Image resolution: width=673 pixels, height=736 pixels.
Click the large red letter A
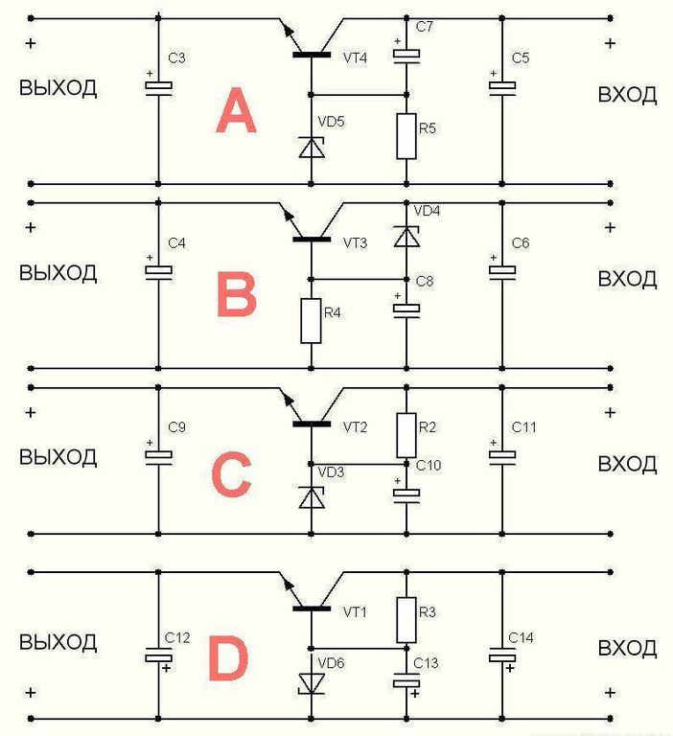[x=236, y=112]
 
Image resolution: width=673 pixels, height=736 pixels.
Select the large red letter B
[x=236, y=295]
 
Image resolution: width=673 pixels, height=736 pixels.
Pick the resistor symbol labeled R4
[x=311, y=320]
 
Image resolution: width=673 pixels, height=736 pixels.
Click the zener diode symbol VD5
[x=311, y=147]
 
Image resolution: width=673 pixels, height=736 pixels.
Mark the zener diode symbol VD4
[x=406, y=235]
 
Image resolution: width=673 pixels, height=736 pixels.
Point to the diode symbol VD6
[x=311, y=681]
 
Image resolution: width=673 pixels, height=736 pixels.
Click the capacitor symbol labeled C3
[x=158, y=87]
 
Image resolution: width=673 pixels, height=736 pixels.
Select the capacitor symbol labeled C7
[x=406, y=56]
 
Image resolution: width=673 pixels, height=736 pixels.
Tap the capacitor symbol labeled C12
[x=158, y=657]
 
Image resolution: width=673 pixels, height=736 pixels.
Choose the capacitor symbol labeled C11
[x=501, y=454]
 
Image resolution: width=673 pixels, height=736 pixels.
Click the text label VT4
[x=355, y=57]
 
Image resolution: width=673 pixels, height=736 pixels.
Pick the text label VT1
[x=355, y=610]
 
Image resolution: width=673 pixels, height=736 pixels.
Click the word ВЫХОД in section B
[x=58, y=272]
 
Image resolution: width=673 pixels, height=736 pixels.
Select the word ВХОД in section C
[x=627, y=464]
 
